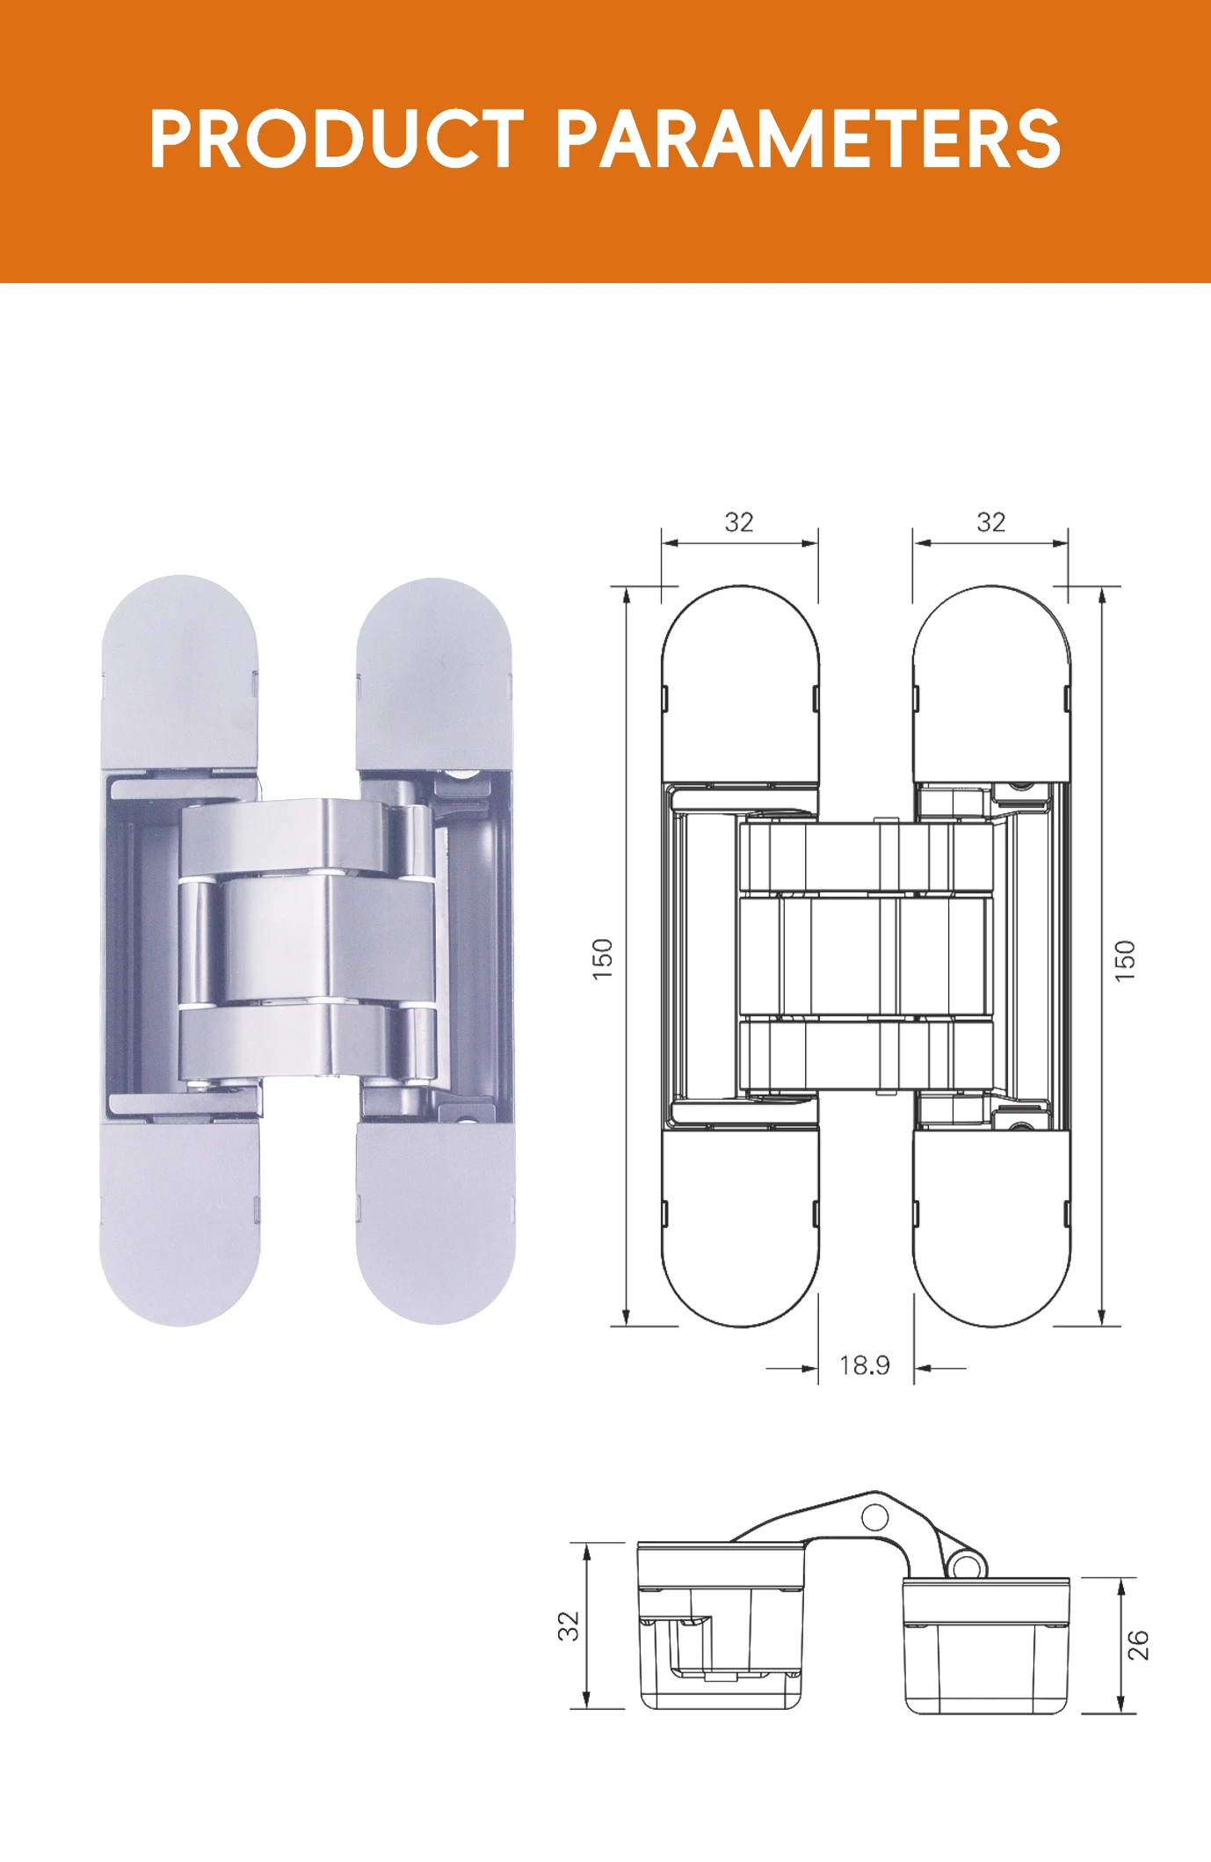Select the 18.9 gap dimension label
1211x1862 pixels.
point(864,1365)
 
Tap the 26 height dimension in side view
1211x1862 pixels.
point(1138,1644)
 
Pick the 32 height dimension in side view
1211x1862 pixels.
point(569,1626)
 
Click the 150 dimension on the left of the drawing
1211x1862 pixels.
point(602,959)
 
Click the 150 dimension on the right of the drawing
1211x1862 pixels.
point(1125,960)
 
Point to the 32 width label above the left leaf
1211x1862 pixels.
point(739,522)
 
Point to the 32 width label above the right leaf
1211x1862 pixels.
point(991,522)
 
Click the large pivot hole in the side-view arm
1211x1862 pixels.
point(874,1517)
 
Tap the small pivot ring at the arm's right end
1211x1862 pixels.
point(965,1566)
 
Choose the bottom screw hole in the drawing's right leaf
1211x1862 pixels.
point(1019,1126)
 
